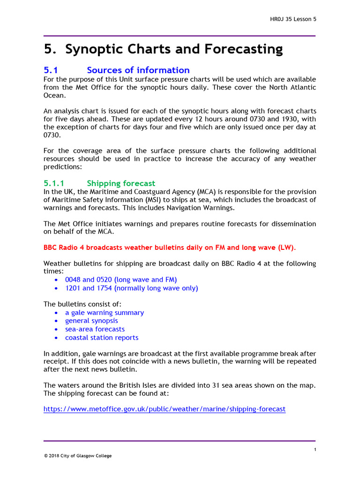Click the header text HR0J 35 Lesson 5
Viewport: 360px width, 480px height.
pyautogui.click(x=293, y=19)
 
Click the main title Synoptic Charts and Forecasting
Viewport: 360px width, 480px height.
pyautogui.click(x=163, y=49)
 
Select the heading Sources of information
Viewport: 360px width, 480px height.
pyautogui.click(x=138, y=70)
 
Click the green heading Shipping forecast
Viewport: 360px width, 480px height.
pyautogui.click(x=121, y=183)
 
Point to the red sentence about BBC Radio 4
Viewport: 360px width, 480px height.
pyautogui.click(x=170, y=247)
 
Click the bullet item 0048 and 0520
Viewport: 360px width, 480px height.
pyautogui.click(x=121, y=279)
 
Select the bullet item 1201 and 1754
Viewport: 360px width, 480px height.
pyautogui.click(x=131, y=288)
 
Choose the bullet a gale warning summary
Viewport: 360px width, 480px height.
pyautogui.click(x=105, y=312)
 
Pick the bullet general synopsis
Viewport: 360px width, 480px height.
pyautogui.click(x=91, y=321)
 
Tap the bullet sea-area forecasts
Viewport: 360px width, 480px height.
pyautogui.click(x=95, y=329)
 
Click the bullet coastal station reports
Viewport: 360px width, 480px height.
pyautogui.click(x=102, y=337)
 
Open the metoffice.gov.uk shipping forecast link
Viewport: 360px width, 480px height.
pyautogui.click(x=164, y=409)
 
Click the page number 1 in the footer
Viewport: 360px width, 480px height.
pyautogui.click(x=315, y=450)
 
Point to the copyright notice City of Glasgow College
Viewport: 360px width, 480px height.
pyautogui.click(x=78, y=456)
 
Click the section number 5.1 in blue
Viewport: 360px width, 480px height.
pyautogui.click(x=50, y=70)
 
